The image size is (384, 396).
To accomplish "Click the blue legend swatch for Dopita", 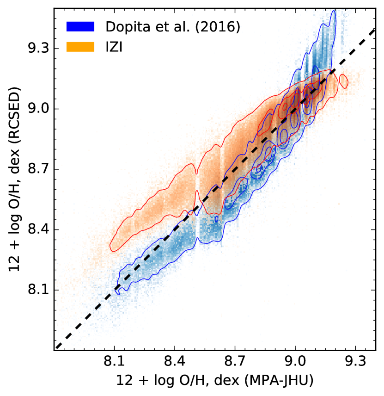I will click(x=81, y=27).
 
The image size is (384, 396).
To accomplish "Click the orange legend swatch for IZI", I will click(x=81, y=46).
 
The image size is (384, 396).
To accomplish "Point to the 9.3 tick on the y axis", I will click(x=37, y=49).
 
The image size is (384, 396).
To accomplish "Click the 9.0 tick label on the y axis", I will click(x=37, y=109).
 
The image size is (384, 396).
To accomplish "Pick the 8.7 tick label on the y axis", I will click(x=37, y=170).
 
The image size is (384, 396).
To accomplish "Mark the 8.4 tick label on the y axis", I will click(x=37, y=230).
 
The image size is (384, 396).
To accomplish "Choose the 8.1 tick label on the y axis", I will click(x=37, y=290).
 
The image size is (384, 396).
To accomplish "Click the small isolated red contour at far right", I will click(x=343, y=80).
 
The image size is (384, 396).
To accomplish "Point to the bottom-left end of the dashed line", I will click(x=56, y=348).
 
